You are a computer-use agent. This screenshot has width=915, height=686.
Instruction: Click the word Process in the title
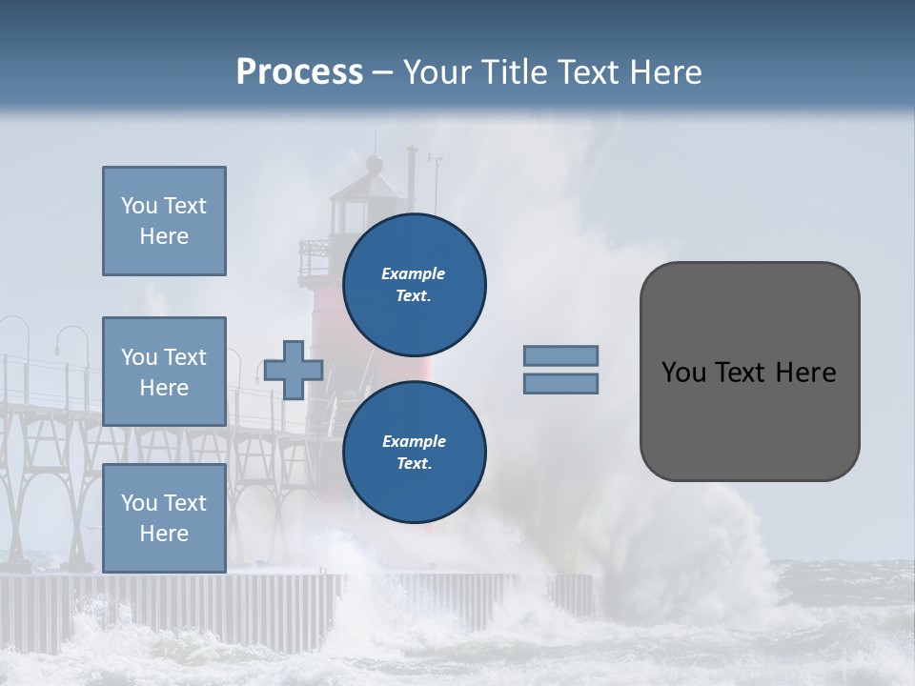coord(299,72)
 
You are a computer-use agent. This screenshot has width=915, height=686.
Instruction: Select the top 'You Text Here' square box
coord(164,221)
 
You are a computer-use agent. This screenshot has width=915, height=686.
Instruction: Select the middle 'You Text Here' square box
coord(164,372)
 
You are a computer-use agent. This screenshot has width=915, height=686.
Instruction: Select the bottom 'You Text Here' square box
coord(164,518)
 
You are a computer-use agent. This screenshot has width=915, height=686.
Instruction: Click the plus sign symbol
coord(294,370)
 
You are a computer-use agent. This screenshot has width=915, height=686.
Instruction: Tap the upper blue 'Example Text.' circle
coord(414,285)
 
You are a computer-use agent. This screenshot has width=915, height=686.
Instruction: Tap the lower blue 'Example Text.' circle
coord(414,453)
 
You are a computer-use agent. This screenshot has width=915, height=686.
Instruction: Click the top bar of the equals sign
coord(560,355)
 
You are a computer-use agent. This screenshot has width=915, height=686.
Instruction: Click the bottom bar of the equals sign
coord(560,384)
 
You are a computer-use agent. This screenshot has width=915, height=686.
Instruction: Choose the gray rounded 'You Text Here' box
coord(749,372)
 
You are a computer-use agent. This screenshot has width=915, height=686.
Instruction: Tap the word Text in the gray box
coord(742,373)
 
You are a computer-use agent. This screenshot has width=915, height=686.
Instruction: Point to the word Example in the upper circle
coord(414,273)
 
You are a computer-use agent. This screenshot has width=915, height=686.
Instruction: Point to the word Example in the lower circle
coord(414,441)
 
